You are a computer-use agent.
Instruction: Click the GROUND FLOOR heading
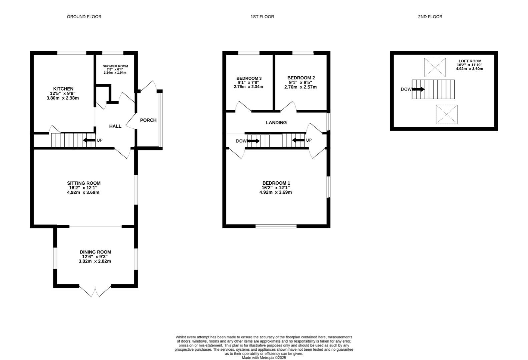click(x=84, y=16)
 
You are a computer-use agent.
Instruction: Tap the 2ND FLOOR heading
click(x=430, y=16)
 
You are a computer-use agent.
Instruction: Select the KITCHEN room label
click(x=63, y=89)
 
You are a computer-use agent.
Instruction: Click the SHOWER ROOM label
click(x=115, y=66)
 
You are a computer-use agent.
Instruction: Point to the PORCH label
click(x=148, y=120)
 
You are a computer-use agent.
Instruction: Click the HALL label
click(x=115, y=126)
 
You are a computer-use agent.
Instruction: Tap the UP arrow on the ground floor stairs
click(x=89, y=140)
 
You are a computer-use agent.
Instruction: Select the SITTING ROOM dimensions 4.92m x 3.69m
click(x=83, y=192)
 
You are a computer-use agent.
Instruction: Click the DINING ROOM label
click(x=95, y=252)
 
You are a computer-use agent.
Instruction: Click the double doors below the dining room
click(x=95, y=291)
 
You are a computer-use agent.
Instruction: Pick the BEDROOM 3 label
click(x=249, y=78)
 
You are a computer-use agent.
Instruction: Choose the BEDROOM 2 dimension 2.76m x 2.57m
click(x=300, y=87)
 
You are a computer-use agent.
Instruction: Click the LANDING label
click(x=276, y=122)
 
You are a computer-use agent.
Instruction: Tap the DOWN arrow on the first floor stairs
click(x=253, y=141)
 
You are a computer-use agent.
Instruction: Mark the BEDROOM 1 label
click(x=276, y=183)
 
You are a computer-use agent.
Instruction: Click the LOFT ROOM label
click(x=470, y=61)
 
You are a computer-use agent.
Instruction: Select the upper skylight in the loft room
click(x=435, y=67)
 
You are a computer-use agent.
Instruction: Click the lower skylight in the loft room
click(x=446, y=114)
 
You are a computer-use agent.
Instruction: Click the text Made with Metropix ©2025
click(x=263, y=358)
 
